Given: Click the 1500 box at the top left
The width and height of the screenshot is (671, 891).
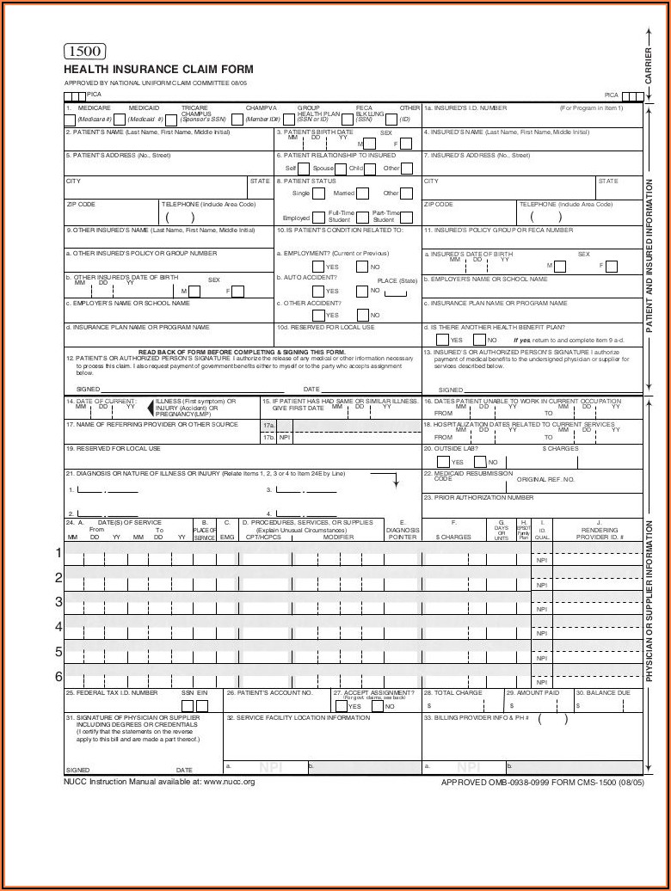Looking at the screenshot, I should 84,51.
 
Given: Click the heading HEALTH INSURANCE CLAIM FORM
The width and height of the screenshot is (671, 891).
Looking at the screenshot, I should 158,70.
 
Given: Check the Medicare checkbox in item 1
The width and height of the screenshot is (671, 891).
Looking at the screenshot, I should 71,120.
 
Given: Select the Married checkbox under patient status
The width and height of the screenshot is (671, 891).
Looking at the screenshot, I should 362,194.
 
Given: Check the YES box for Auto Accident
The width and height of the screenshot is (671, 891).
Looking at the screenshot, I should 318,291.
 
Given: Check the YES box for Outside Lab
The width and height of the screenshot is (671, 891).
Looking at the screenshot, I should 442,462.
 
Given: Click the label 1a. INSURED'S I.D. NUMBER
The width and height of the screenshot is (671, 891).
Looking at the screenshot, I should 465,108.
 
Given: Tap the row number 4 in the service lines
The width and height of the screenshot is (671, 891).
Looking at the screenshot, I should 58,626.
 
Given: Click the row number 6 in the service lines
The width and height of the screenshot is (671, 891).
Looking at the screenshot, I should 58,676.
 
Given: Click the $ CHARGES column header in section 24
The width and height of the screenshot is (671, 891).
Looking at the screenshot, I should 453,537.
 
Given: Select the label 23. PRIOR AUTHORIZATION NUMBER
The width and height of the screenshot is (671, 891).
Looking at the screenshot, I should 478,497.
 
